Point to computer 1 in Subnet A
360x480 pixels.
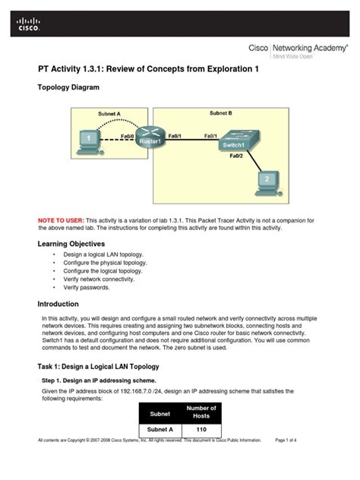89,141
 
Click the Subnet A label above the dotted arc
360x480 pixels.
109,114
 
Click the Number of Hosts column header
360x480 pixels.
201,412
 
